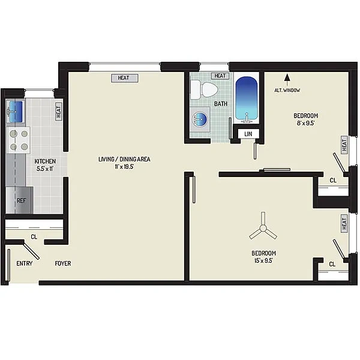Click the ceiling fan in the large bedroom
(x=263, y=228)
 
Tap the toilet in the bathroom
(x=204, y=90)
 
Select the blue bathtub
(x=247, y=98)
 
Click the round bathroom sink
(x=200, y=119)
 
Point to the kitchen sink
(x=16, y=112)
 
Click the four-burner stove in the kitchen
(x=19, y=140)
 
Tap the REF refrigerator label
(x=22, y=200)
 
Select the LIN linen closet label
(x=248, y=134)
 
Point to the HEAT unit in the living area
(x=124, y=78)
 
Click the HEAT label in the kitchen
(x=59, y=111)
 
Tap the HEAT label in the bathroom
(x=220, y=76)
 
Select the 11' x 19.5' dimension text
(x=124, y=167)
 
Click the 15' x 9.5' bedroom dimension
(x=263, y=260)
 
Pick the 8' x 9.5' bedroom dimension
(x=306, y=123)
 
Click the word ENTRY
(x=25, y=263)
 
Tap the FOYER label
(x=63, y=263)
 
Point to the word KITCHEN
(x=45, y=161)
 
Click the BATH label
(x=221, y=104)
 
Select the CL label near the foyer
(x=34, y=237)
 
